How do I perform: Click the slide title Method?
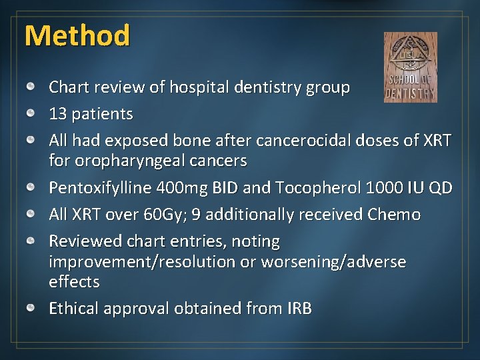77,35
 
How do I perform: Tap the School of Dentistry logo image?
411,67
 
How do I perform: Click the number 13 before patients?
57,114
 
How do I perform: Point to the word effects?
74,282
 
